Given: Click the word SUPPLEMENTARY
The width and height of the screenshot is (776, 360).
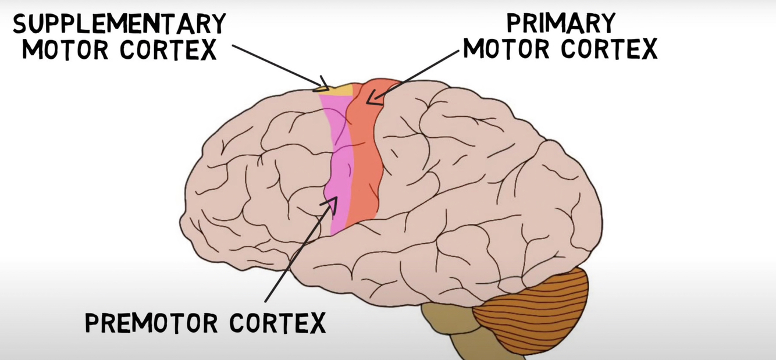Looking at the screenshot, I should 119,24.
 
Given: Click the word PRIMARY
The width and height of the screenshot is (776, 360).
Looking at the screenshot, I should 561,23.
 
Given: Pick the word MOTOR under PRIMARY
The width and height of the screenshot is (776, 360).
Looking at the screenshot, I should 508,49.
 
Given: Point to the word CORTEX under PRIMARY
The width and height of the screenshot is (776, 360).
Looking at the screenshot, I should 608,49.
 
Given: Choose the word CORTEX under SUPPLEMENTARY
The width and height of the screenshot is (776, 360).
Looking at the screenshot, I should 168,51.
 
